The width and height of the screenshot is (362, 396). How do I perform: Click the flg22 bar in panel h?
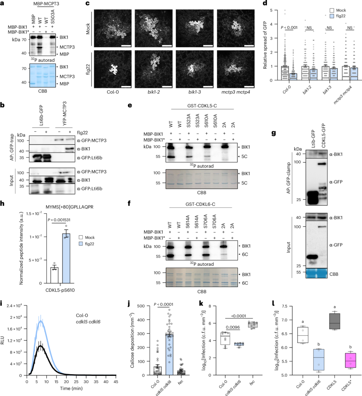pyautogui.click(x=66, y=258)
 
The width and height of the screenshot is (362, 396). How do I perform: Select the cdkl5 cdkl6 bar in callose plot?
pyautogui.click(x=169, y=355)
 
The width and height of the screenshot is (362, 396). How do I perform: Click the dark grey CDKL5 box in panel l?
pyautogui.click(x=335, y=321)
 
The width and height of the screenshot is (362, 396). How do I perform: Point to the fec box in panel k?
pyautogui.click(x=252, y=325)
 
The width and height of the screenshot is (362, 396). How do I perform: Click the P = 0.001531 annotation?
pyautogui.click(x=59, y=220)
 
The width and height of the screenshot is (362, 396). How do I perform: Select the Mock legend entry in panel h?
pyautogui.click(x=87, y=237)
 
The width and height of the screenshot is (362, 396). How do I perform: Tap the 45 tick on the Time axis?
pyautogui.click(x=116, y=382)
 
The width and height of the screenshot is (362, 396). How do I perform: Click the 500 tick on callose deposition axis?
pyautogui.click(x=141, y=306)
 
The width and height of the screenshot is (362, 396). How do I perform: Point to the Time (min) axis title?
pyautogui.click(x=71, y=388)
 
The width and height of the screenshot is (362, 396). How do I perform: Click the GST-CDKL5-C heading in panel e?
pyautogui.click(x=202, y=106)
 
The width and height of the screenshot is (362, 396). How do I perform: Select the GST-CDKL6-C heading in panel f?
pyautogui.click(x=200, y=204)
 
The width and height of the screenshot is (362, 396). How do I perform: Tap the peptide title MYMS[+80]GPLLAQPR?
pyautogui.click(x=69, y=207)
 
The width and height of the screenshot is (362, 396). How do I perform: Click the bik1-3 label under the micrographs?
pyautogui.click(x=194, y=92)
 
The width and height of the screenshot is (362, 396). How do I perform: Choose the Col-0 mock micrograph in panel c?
pyautogui.click(x=113, y=28)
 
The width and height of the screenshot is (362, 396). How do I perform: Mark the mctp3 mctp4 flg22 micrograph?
pyautogui.click(x=236, y=69)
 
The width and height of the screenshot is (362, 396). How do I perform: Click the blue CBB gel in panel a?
pyautogui.click(x=43, y=75)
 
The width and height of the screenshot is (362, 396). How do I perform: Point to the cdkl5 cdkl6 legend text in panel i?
pyautogui.click(x=88, y=322)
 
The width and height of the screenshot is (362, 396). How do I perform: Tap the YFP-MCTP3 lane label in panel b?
pyautogui.click(x=65, y=114)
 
